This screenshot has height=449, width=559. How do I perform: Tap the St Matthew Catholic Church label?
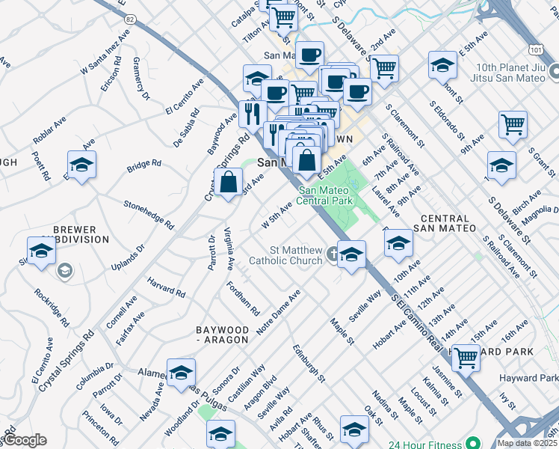(296, 255)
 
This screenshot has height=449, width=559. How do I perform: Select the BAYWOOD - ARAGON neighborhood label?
(221, 335)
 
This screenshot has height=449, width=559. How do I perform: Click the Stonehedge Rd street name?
(148, 214)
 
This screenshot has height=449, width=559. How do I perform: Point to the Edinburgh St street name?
(309, 364)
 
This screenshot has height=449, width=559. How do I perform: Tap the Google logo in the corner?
(25, 440)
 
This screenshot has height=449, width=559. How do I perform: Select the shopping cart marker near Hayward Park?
(466, 357)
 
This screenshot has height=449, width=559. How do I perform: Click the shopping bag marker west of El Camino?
(228, 182)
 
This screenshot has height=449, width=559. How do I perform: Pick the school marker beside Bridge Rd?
(82, 164)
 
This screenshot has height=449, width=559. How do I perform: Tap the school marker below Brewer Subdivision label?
(41, 251)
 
